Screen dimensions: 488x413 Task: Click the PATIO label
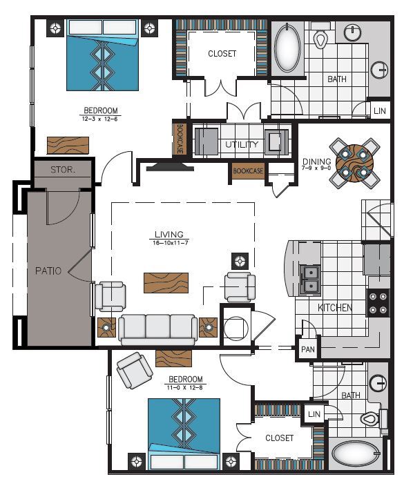pyautogui.click(x=48, y=271)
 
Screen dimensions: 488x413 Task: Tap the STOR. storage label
pyautogui.click(x=62, y=170)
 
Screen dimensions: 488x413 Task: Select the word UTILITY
pyautogui.click(x=241, y=145)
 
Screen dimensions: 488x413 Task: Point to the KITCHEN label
pyautogui.click(x=335, y=308)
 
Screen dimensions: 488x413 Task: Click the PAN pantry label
pyautogui.click(x=307, y=349)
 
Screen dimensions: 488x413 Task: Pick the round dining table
pyautogui.click(x=354, y=163)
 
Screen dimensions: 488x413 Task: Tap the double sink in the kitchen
pyautogui.click(x=310, y=277)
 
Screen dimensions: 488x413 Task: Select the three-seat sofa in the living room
pyautogui.click(x=157, y=329)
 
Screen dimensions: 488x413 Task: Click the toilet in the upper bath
pyautogui.click(x=320, y=37)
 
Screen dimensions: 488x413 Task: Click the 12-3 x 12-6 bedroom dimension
pyautogui.click(x=101, y=118)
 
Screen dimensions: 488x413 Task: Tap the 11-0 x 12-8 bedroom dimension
pyautogui.click(x=186, y=387)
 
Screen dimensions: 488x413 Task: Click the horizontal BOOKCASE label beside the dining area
pyautogui.click(x=248, y=171)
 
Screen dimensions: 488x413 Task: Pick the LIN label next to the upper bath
pyautogui.click(x=380, y=110)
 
